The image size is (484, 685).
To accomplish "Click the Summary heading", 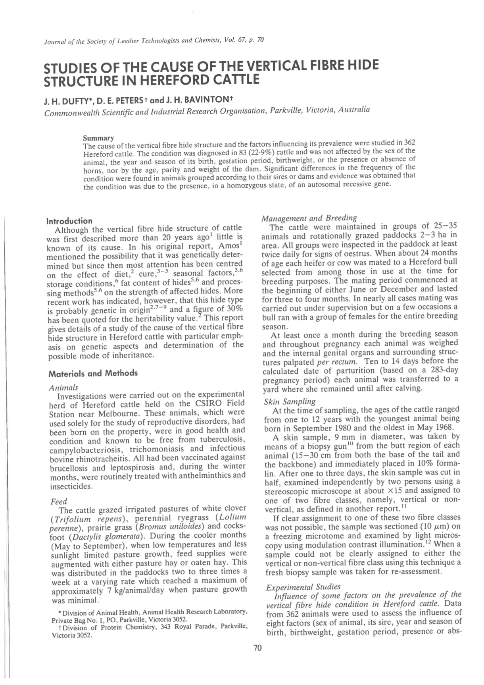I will (x=98, y=138).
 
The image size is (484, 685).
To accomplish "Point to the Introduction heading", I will (x=69, y=221).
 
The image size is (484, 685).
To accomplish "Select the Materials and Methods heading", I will (x=93, y=373).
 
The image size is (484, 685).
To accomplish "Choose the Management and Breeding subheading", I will (x=309, y=218).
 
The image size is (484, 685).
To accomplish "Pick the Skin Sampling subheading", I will (x=290, y=401).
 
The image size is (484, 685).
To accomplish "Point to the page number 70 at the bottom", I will (x=257, y=648).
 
